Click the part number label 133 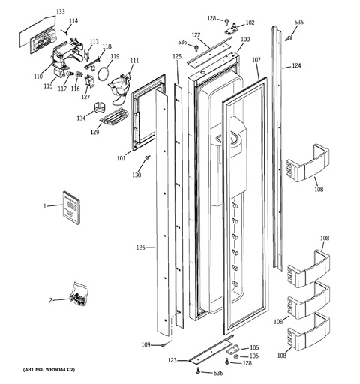point(61,13)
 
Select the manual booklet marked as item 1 point(72,208)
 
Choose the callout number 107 point(256,59)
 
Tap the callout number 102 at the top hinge point(250,23)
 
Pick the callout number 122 point(195,35)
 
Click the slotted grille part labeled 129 point(114,117)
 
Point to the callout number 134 point(79,118)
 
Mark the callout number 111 point(134,61)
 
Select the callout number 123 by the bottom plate point(172,361)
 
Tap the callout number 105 point(253,347)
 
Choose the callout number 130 point(136,175)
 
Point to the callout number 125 point(177,57)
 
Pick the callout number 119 point(115,57)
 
